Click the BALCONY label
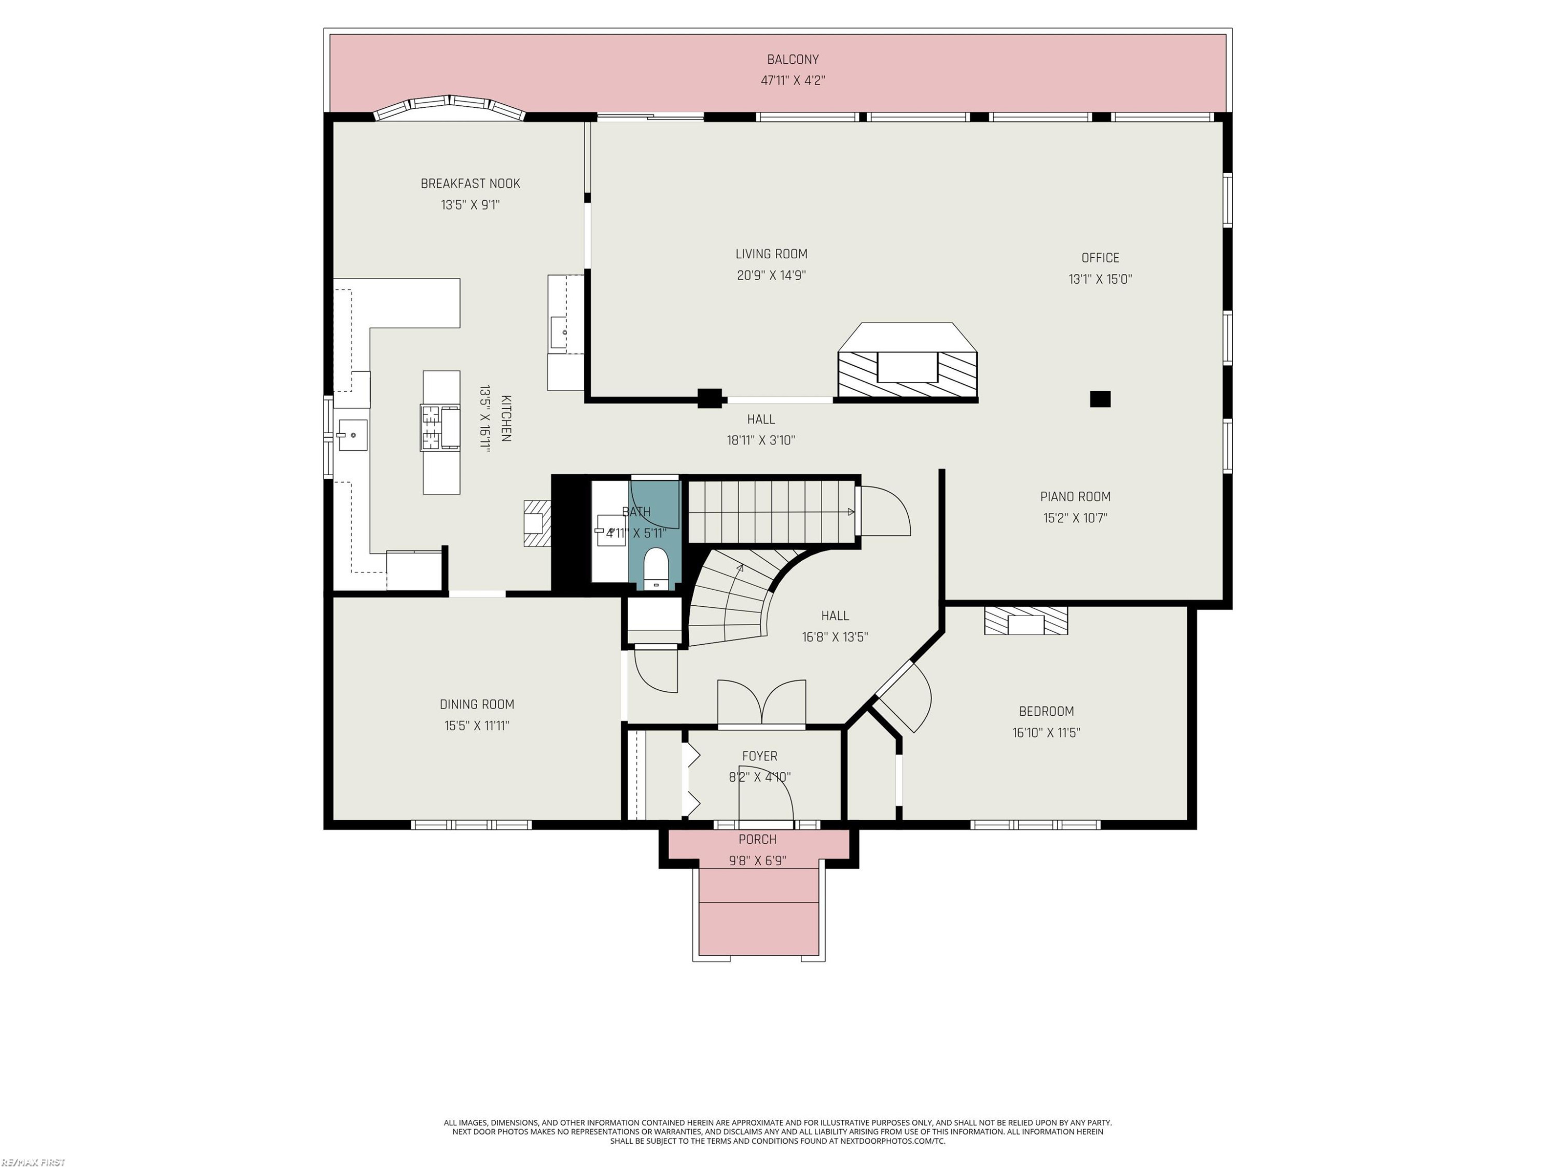793,60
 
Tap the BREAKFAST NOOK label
470,184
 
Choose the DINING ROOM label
477,704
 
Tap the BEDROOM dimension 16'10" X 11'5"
1047,732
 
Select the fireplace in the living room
908,362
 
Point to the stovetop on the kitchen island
440,427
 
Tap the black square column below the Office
1100,399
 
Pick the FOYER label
760,756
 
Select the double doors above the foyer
762,703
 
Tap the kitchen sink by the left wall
352,435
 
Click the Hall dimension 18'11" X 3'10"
761,440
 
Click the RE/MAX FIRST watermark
33,1162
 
